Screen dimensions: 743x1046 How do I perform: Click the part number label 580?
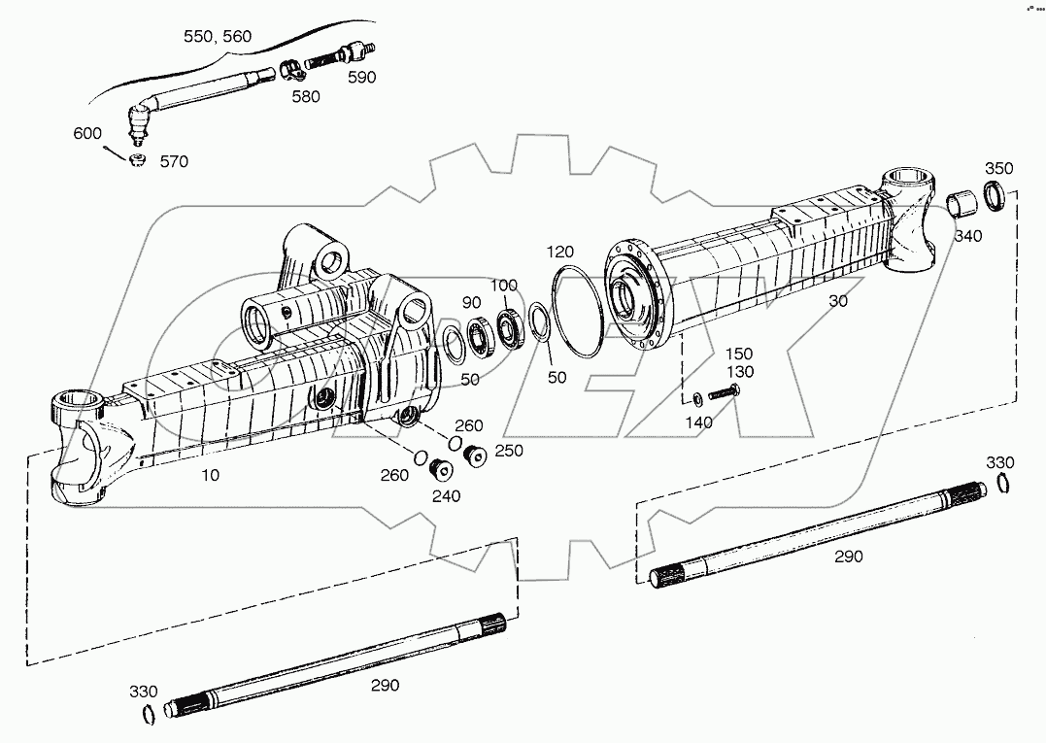[x=305, y=96]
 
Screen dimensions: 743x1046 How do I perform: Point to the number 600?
[x=87, y=134]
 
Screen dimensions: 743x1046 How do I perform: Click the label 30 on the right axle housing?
[x=838, y=301]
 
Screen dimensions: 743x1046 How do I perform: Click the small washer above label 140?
[x=698, y=398]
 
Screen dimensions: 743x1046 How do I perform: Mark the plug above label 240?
[x=442, y=470]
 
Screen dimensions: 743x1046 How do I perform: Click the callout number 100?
[x=503, y=285]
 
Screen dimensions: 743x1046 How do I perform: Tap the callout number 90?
[x=471, y=302]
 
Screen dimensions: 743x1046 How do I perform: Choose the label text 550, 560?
[x=218, y=37]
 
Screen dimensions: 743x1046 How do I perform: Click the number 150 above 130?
[x=739, y=354]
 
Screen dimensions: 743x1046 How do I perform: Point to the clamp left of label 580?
[x=287, y=70]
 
